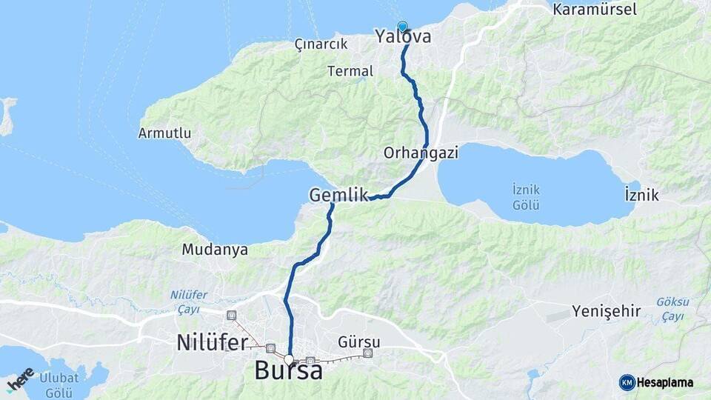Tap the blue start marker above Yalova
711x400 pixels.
(x=402, y=26)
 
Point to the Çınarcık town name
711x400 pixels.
(x=321, y=44)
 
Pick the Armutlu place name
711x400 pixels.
(x=164, y=133)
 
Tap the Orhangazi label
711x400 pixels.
(x=421, y=153)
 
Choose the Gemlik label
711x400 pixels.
(x=338, y=195)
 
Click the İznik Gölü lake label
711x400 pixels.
(x=527, y=197)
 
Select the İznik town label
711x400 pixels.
(x=641, y=195)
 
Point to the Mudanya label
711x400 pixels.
(x=215, y=250)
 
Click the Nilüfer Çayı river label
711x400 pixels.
(x=189, y=301)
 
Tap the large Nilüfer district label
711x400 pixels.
(x=212, y=342)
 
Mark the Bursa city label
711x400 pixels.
(x=288, y=370)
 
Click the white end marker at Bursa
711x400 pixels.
(x=289, y=359)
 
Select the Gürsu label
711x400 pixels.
(x=358, y=342)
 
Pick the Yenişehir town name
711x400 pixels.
(x=606, y=310)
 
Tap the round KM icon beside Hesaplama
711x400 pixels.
(x=627, y=382)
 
